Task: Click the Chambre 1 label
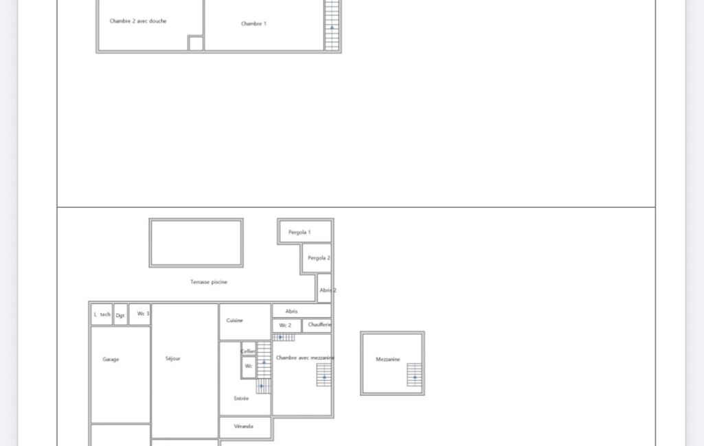(x=253, y=24)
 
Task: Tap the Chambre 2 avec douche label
(x=138, y=21)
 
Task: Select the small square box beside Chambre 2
(x=196, y=43)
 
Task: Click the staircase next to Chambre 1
(x=332, y=25)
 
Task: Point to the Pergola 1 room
(x=306, y=232)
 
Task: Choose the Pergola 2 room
(x=317, y=258)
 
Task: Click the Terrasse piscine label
(x=209, y=282)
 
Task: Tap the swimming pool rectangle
(x=196, y=243)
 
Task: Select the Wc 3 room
(x=139, y=314)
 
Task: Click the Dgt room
(x=121, y=314)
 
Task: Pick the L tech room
(x=102, y=314)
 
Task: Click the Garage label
(x=111, y=360)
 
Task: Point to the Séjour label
(x=173, y=358)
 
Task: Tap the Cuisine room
(x=245, y=322)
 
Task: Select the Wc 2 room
(x=286, y=325)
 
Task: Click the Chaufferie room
(x=317, y=325)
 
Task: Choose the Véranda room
(x=245, y=427)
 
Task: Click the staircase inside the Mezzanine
(x=414, y=375)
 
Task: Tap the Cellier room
(x=248, y=349)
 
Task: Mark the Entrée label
(x=241, y=399)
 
